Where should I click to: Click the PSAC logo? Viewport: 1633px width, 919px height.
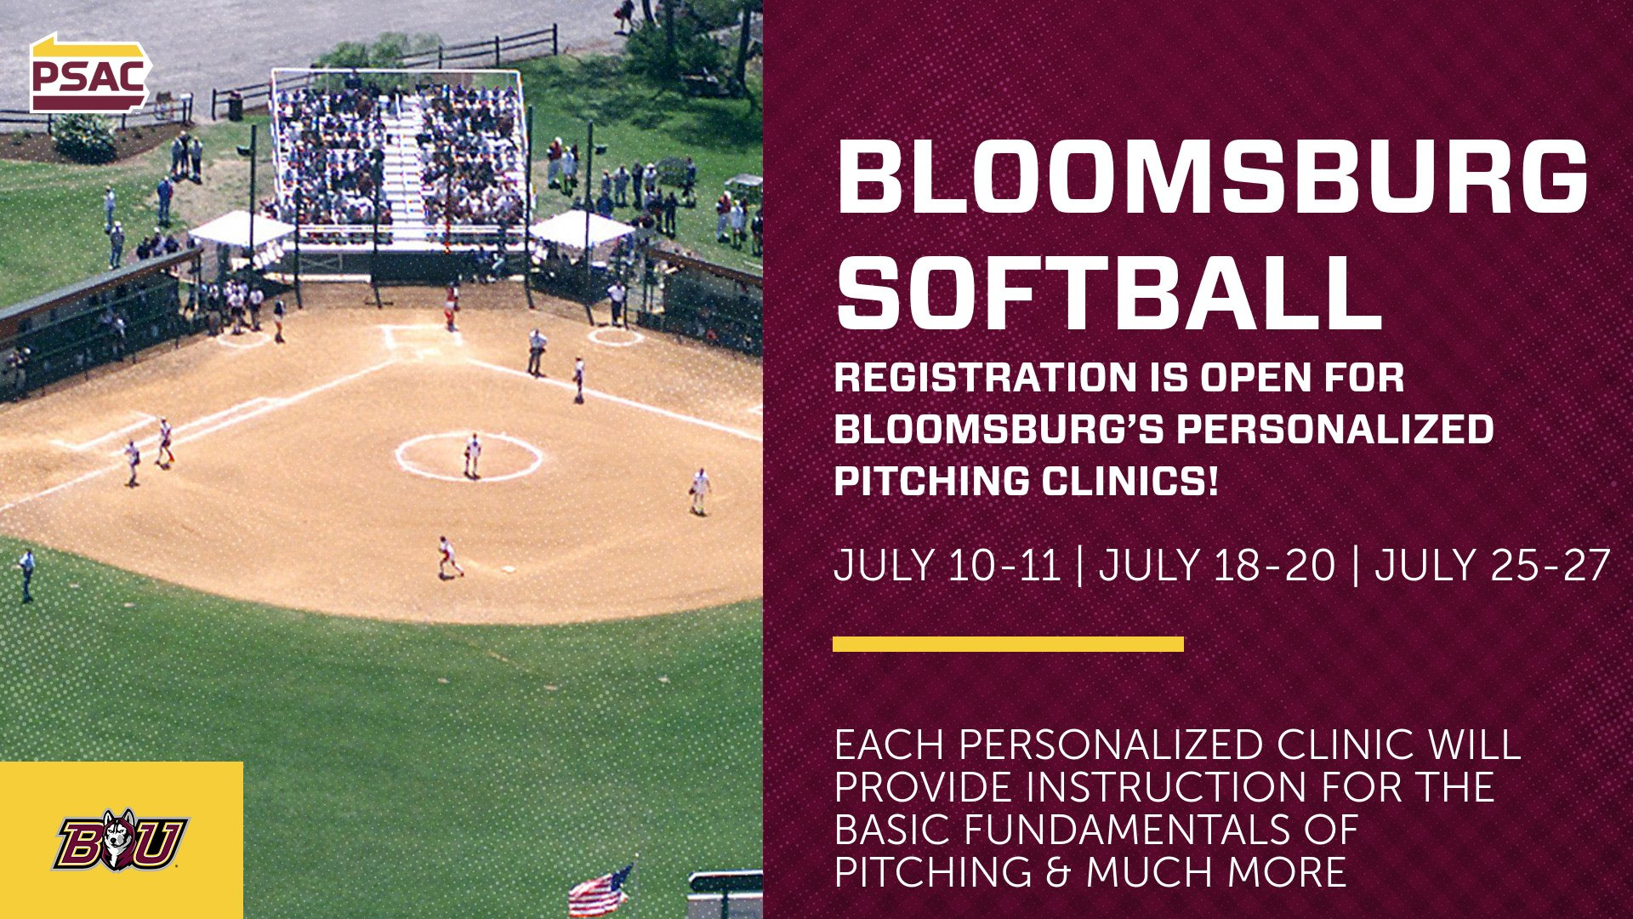[89, 75]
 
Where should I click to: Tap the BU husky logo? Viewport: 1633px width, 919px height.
[120, 841]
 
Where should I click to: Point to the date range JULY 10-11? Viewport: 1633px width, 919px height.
[947, 566]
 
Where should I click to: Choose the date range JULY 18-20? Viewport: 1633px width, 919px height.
[1216, 566]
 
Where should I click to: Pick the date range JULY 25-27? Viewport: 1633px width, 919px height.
[1492, 566]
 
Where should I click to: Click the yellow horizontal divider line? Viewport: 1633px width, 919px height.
[1008, 644]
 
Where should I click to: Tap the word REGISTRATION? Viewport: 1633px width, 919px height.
[985, 378]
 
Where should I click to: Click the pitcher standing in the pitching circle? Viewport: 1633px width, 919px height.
[472, 455]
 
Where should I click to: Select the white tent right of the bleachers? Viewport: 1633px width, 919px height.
[582, 230]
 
